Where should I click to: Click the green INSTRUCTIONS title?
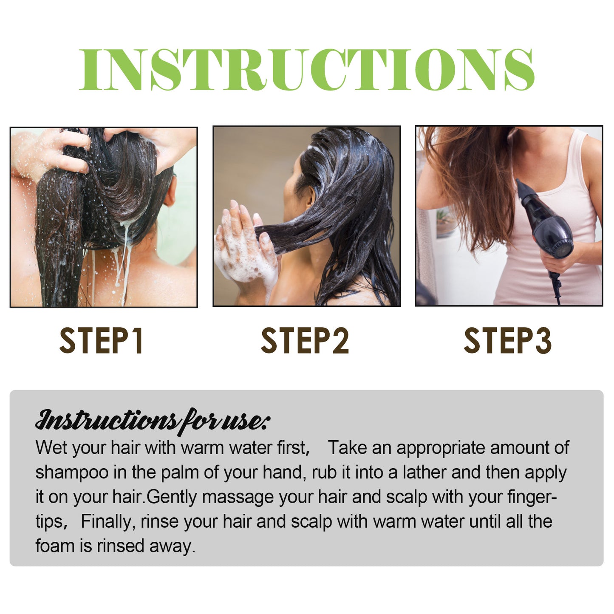point(307,70)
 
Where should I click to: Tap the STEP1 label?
point(102,341)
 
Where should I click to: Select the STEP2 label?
point(305,341)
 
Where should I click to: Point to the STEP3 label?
point(507,341)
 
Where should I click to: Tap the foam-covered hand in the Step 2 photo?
point(244,251)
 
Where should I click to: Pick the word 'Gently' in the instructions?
point(172,497)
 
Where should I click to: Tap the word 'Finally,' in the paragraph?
point(108,522)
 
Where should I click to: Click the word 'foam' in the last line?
point(54,546)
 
